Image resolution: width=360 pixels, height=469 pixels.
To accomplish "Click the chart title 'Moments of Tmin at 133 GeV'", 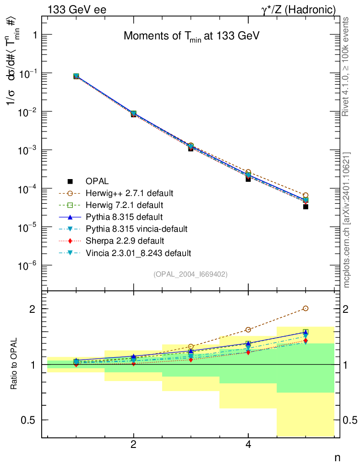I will tap(191, 37).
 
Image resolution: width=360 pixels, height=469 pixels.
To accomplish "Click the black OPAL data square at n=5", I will tap(305, 207).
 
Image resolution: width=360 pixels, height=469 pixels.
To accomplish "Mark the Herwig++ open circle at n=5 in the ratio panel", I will tap(305, 308).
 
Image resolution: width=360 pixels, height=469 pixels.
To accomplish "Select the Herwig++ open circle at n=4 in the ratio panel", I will tap(248, 329).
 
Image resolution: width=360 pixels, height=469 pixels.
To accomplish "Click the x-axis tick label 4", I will tap(248, 444).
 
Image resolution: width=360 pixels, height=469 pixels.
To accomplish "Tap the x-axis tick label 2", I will tap(133, 444).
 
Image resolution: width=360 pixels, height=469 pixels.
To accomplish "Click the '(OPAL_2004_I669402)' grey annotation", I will tap(191, 274).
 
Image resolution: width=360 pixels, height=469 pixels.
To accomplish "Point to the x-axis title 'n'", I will tap(337, 457).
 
